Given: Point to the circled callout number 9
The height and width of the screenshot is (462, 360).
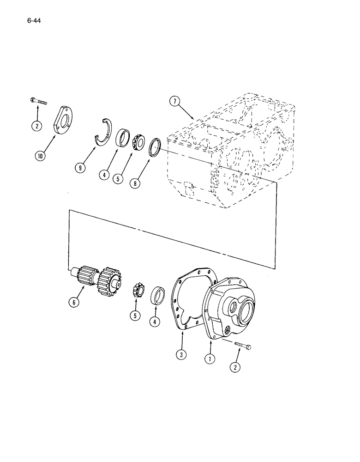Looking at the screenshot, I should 81,168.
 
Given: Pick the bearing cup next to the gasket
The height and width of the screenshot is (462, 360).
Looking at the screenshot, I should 158,295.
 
